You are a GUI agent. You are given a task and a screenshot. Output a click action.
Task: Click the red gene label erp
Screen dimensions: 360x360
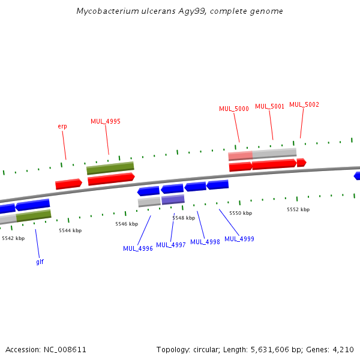[x=62, y=126]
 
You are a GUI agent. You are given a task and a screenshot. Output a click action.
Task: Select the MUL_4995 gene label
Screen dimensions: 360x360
[x=106, y=121]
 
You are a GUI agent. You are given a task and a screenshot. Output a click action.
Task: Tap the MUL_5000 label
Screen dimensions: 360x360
[x=233, y=109]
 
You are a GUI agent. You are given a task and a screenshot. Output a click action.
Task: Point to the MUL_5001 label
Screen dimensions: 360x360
[x=269, y=106]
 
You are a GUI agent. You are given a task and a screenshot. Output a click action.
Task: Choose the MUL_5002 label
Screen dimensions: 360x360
[x=304, y=104]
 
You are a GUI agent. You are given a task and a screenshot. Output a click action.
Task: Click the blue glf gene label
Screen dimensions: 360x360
[x=40, y=262]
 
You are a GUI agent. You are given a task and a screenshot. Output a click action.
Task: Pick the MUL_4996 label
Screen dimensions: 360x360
[x=138, y=248]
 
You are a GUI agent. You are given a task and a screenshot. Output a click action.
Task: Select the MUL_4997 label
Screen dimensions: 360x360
[x=171, y=245]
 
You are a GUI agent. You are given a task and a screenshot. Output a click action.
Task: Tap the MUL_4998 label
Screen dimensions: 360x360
[x=205, y=242]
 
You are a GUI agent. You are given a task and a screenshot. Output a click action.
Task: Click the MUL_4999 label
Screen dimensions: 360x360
[x=239, y=239]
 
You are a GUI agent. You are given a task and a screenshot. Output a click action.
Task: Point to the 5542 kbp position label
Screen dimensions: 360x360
[x=13, y=238]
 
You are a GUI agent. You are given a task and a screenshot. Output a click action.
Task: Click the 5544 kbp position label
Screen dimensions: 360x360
[x=70, y=230]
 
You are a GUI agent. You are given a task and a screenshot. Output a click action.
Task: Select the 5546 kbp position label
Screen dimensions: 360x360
[x=127, y=224]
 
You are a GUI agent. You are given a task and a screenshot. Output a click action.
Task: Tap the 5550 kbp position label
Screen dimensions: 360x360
[x=241, y=213]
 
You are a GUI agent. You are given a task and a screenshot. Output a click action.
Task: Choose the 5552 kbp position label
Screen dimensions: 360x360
[x=298, y=209]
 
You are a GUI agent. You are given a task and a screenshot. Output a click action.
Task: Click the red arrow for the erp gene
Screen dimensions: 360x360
[x=68, y=184]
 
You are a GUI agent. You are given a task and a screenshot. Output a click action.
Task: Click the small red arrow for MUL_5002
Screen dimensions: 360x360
[x=301, y=163]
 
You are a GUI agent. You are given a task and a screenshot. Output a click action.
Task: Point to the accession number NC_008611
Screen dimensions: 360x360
[x=64, y=349]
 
